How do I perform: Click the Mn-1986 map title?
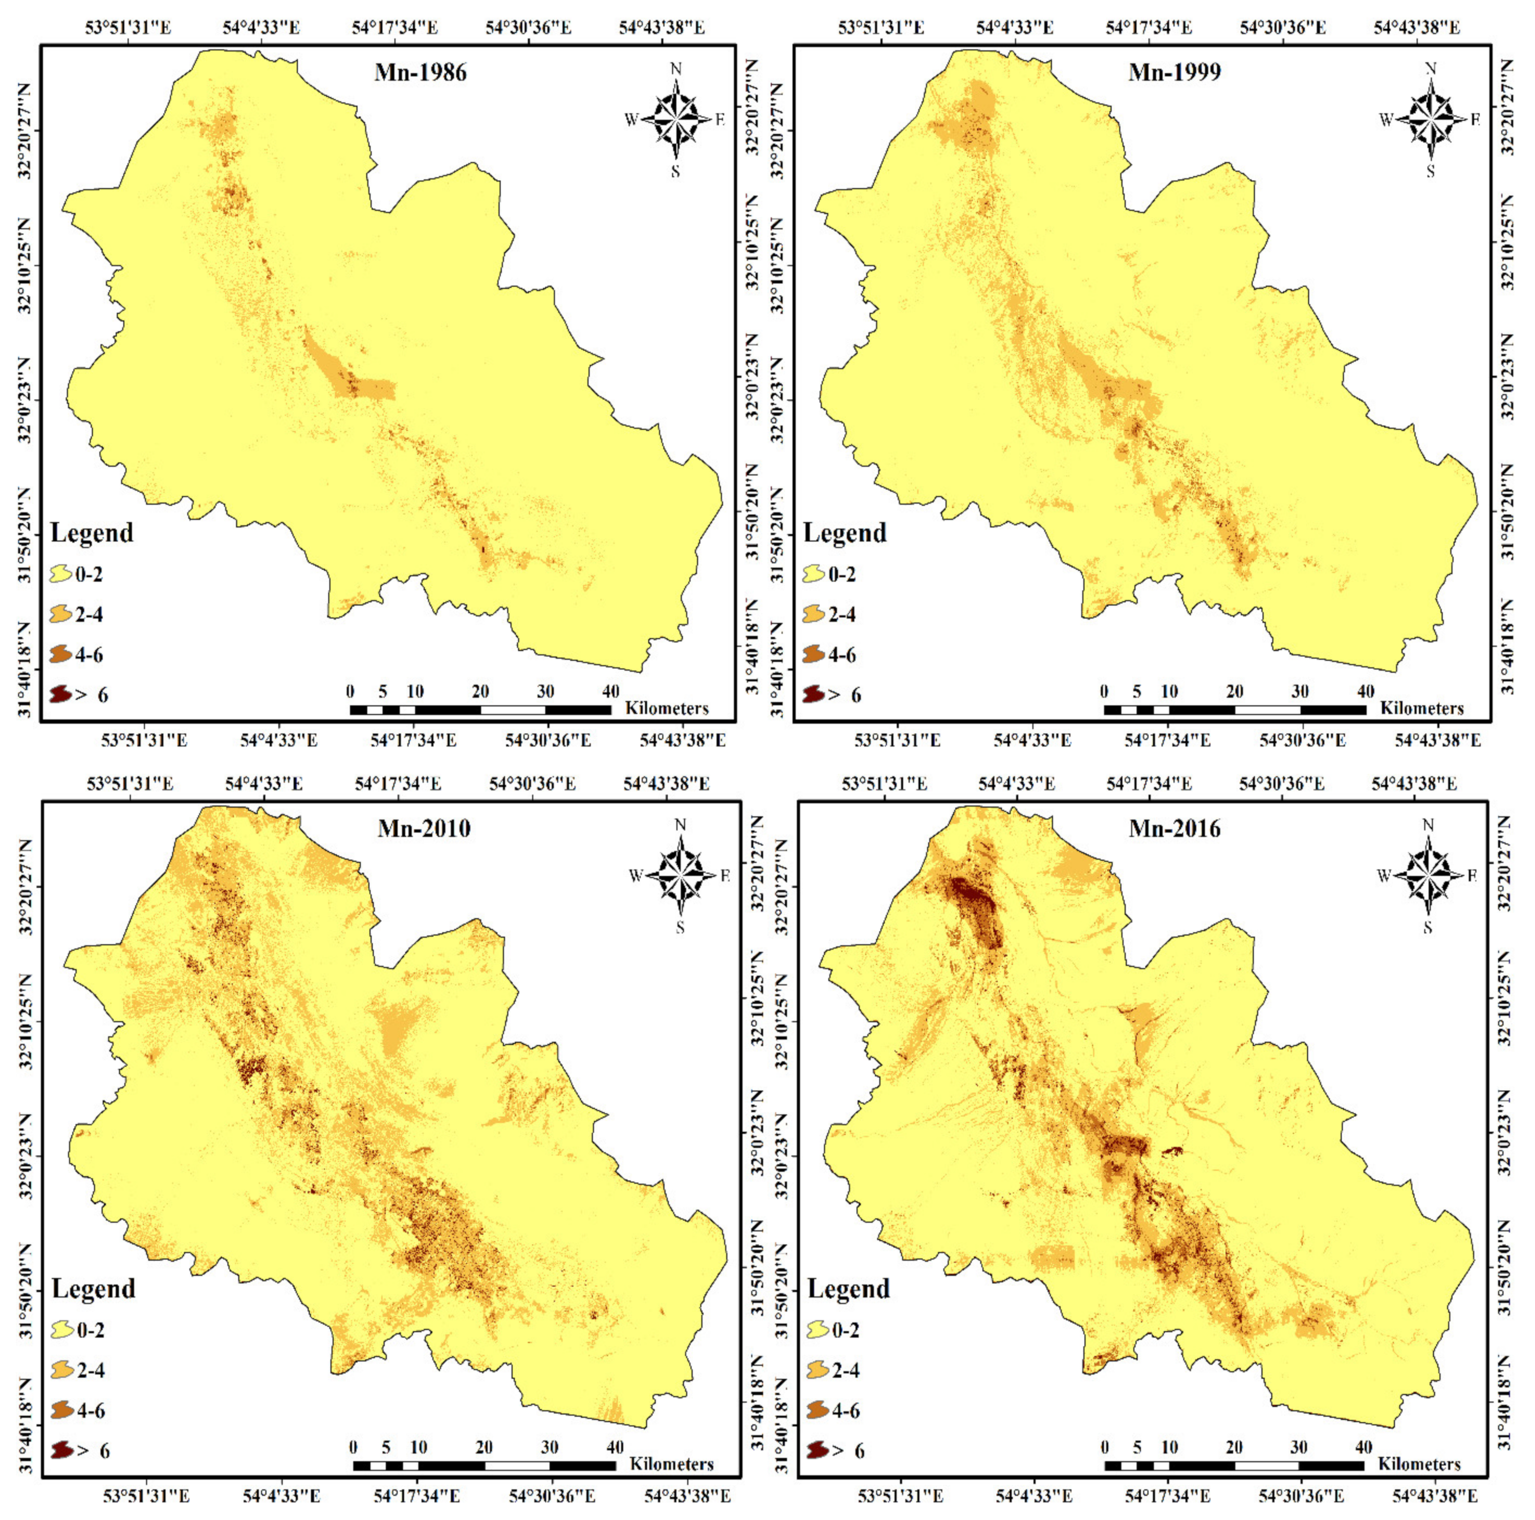420,73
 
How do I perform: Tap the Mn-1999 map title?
1174,72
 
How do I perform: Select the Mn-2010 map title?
424,829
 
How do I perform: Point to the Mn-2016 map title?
1174,829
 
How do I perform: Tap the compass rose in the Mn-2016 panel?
1428,875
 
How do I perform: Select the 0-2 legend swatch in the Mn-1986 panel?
61,574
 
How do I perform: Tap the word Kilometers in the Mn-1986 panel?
667,708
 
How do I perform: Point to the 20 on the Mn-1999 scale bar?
1234,691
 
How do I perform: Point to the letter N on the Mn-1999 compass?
1431,69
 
